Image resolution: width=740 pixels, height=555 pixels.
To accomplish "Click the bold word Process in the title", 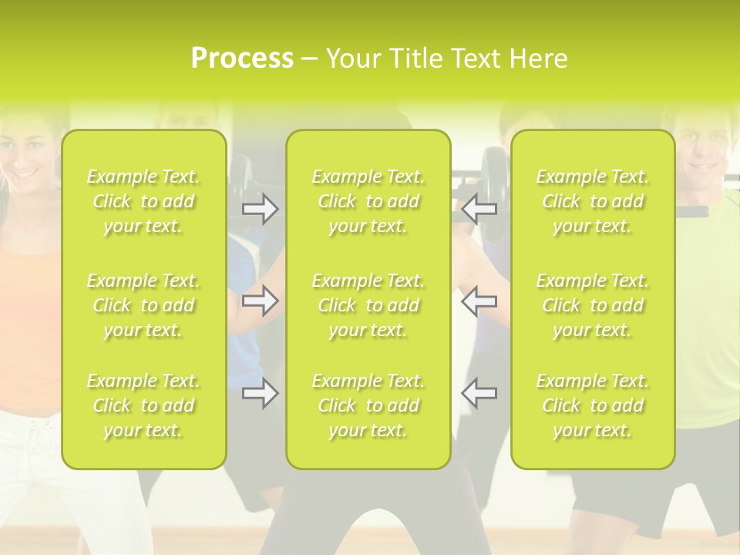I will pyautogui.click(x=242, y=59).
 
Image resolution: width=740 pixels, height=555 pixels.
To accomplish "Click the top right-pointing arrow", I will pyautogui.click(x=260, y=209).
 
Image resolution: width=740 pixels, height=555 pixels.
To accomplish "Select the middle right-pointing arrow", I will pyautogui.click(x=260, y=301).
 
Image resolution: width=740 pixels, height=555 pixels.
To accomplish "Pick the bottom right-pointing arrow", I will pyautogui.click(x=260, y=393).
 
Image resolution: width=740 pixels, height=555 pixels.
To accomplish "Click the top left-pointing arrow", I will pyautogui.click(x=479, y=209).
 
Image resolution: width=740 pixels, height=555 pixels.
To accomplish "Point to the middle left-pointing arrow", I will pyautogui.click(x=479, y=301).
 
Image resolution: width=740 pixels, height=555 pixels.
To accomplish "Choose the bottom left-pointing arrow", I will pyautogui.click(x=479, y=393).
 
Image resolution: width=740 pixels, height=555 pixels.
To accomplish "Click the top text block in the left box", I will pyautogui.click(x=143, y=201).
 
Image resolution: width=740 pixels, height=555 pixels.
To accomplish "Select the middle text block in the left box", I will pyautogui.click(x=143, y=305).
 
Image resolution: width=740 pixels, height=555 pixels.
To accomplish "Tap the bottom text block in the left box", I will pyautogui.click(x=143, y=405).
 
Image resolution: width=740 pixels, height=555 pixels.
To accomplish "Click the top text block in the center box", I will pyautogui.click(x=368, y=201).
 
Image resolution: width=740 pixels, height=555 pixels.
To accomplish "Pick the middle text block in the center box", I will pyautogui.click(x=368, y=305).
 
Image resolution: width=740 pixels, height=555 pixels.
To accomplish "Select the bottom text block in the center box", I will pyautogui.click(x=368, y=405).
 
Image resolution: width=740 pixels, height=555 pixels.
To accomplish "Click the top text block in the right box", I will pyautogui.click(x=593, y=201).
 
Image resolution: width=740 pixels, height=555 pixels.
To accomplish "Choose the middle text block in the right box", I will pyautogui.click(x=593, y=305).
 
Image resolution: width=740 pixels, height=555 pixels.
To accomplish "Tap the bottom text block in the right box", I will pyautogui.click(x=593, y=405).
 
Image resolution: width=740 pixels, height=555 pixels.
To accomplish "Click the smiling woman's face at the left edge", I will pyautogui.click(x=27, y=154).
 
